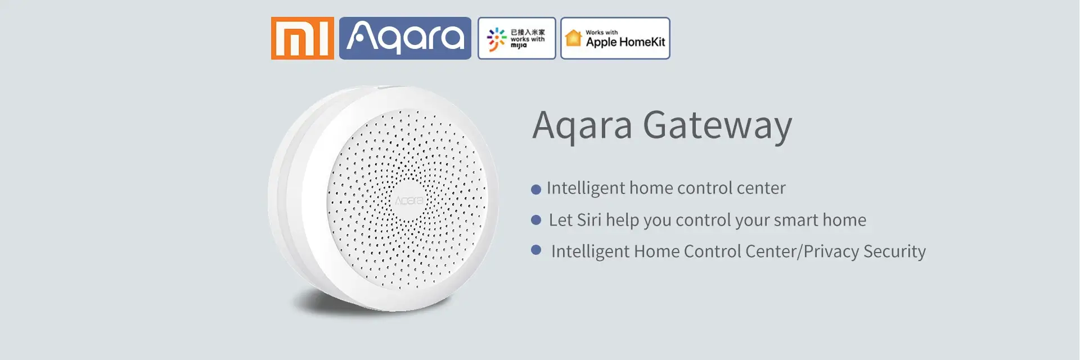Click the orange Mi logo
tap(303, 38)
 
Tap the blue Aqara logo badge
tap(405, 38)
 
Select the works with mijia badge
tap(517, 38)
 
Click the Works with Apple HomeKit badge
tap(615, 38)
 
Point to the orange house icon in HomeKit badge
tap(573, 38)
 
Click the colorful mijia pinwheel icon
tap(497, 39)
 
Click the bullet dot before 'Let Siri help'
tap(536, 220)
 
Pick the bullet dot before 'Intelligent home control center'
tap(536, 190)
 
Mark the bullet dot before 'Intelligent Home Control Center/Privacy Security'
tap(536, 250)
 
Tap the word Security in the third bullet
tap(894, 251)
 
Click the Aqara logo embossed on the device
tap(409, 201)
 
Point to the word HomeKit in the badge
tap(642, 42)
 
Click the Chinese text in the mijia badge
tap(528, 32)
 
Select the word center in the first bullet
tap(761, 188)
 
